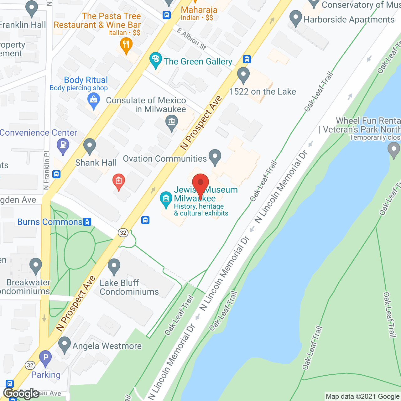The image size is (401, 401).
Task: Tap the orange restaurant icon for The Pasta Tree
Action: click(x=126, y=45)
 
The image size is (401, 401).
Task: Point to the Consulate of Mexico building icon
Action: click(x=171, y=122)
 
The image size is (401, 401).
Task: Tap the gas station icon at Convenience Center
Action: click(x=63, y=145)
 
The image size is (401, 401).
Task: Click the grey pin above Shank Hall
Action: click(x=90, y=145)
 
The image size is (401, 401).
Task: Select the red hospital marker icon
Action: click(x=119, y=181)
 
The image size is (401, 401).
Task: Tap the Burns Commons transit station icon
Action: click(x=87, y=222)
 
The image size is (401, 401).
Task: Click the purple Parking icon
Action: click(x=45, y=357)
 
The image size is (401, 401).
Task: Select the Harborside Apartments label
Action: click(x=349, y=19)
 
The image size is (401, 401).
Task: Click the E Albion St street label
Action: click(x=191, y=39)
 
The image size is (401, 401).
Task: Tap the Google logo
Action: click(x=21, y=393)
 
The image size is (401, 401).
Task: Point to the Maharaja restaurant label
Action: click(x=199, y=10)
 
